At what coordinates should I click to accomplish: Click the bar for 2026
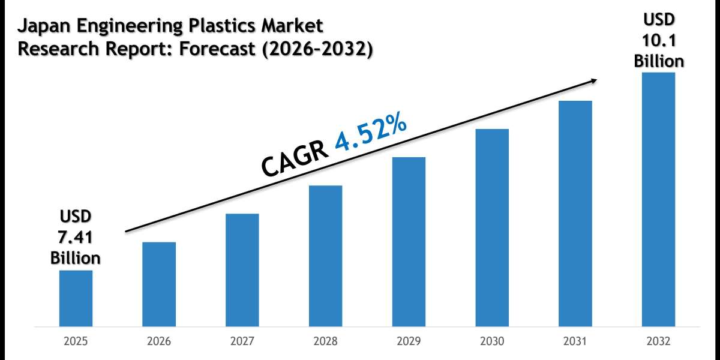(x=159, y=284)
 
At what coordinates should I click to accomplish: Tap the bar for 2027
(x=242, y=270)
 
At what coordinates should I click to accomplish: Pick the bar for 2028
(x=326, y=256)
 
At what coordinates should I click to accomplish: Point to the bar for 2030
(x=492, y=228)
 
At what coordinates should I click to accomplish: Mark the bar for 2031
(x=575, y=214)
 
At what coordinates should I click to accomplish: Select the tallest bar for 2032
(x=659, y=200)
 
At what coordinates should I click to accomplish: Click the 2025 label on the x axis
(x=76, y=341)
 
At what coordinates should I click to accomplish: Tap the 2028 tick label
(x=326, y=341)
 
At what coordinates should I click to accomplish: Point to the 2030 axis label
(x=492, y=341)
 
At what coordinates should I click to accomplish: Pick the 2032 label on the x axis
(x=659, y=341)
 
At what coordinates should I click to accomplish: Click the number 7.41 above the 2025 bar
(x=76, y=237)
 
